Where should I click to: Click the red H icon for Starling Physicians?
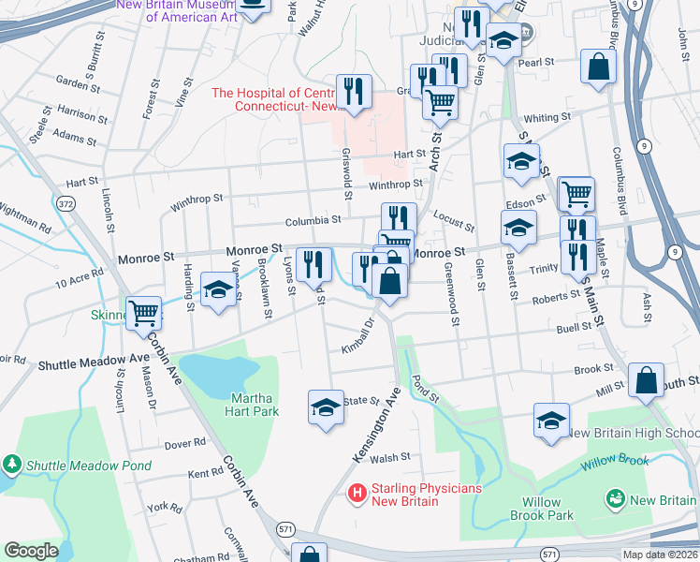357,492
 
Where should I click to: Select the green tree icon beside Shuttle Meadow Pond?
11,464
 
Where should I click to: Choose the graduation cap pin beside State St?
326,407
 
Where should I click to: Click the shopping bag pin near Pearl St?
597,66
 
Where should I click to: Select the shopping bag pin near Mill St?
646,379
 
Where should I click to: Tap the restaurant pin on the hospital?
354,91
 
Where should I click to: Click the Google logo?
31,551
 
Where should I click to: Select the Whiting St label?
547,118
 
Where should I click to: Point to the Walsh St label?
390,458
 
